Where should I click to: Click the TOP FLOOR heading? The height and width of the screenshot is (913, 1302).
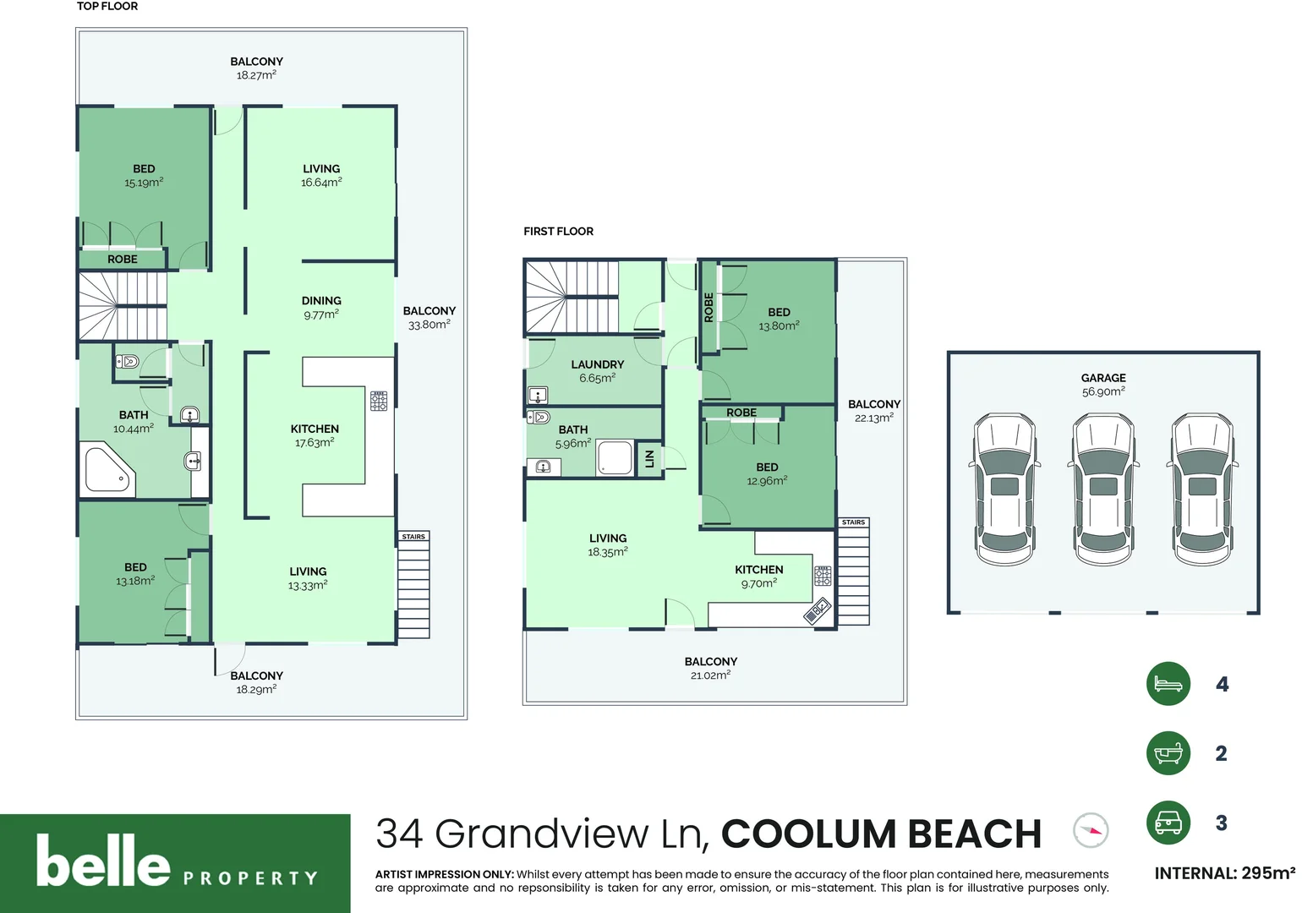click(x=107, y=7)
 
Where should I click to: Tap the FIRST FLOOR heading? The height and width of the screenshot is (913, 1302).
click(x=558, y=231)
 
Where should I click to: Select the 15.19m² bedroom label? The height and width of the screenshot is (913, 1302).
click(x=144, y=176)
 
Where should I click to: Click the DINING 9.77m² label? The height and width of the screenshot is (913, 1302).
click(x=321, y=307)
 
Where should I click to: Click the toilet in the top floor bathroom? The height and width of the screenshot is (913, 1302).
click(x=127, y=362)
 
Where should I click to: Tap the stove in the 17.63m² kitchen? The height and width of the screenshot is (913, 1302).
click(x=379, y=401)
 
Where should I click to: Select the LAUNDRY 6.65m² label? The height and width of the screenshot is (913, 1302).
click(x=597, y=371)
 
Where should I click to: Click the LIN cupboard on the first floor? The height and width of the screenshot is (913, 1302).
click(x=649, y=459)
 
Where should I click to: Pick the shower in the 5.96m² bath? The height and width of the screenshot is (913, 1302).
click(x=615, y=457)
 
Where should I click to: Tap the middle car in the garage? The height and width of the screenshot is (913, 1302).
click(x=1102, y=489)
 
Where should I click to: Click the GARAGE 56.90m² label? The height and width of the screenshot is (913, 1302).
click(x=1103, y=385)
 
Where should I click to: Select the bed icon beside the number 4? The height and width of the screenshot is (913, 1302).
click(x=1168, y=683)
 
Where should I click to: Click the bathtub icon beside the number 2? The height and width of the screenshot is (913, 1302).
click(x=1168, y=752)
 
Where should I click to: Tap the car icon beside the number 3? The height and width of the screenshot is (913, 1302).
click(x=1168, y=822)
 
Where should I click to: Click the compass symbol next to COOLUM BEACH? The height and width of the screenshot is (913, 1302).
click(x=1090, y=830)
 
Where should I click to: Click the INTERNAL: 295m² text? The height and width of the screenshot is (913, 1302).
click(x=1224, y=873)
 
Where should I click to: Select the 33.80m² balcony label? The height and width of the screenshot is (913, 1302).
click(x=429, y=317)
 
